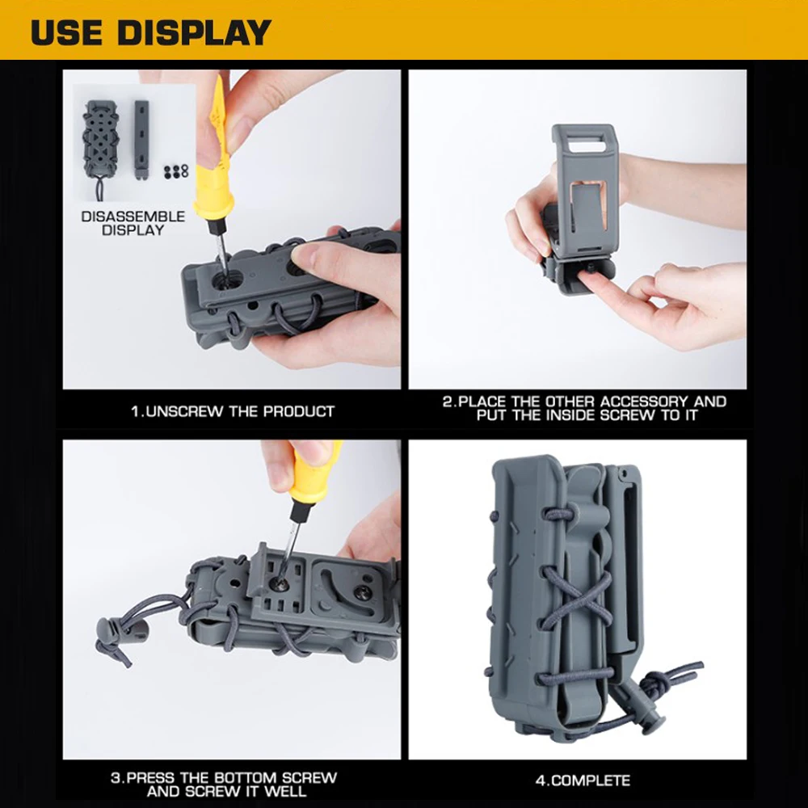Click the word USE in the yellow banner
[66, 32]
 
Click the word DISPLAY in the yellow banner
[194, 32]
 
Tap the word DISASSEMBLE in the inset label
[133, 217]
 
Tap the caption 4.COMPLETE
[583, 781]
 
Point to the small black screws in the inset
[176, 171]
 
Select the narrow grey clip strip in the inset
[141, 140]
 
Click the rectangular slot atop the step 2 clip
[585, 145]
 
